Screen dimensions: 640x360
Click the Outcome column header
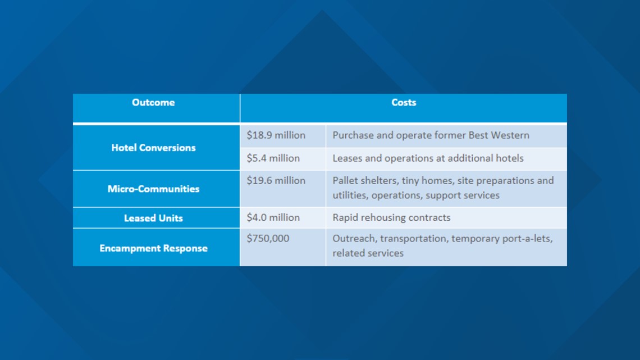(153, 102)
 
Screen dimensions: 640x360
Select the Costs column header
(404, 102)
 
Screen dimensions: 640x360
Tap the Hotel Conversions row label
(153, 148)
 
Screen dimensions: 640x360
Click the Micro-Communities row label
(153, 189)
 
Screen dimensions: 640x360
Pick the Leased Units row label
(153, 218)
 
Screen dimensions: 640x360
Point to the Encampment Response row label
(153, 248)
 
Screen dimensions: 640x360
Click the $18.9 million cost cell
(276, 135)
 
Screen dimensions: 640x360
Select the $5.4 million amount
(273, 158)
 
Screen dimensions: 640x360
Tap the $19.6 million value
(276, 180)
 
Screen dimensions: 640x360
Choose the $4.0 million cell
(273, 217)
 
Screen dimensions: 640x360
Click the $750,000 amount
(268, 238)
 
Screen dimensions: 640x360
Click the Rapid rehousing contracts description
(391, 217)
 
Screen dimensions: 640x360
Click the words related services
(368, 253)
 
